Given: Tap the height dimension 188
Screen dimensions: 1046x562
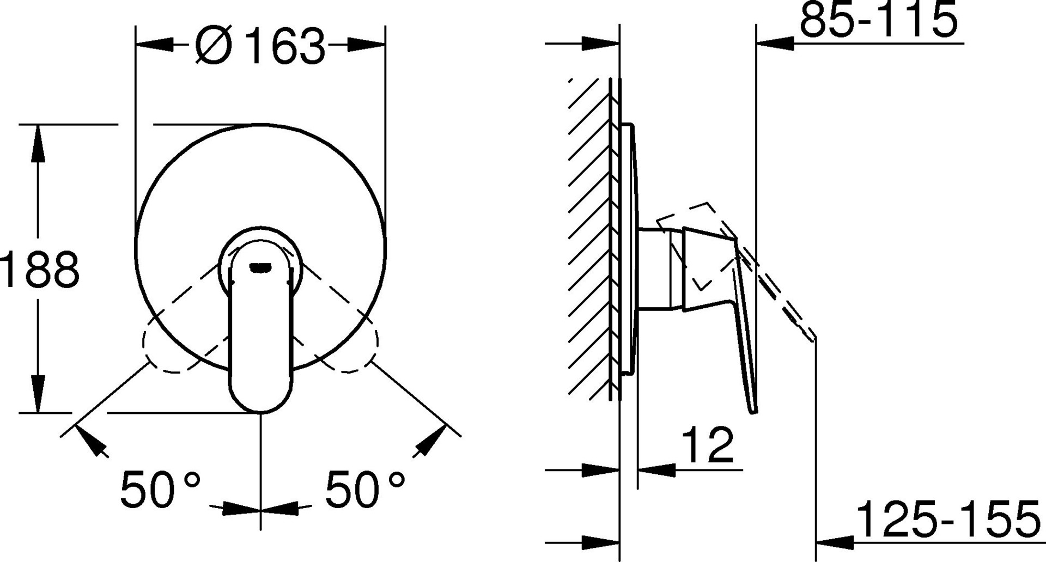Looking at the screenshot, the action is [40, 270].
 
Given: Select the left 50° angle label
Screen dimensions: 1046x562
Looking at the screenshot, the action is [160, 488].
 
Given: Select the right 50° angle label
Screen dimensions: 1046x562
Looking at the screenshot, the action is [365, 488].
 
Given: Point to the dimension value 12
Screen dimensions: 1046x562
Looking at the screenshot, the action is [707, 444].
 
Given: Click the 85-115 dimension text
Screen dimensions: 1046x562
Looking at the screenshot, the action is [878, 20].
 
